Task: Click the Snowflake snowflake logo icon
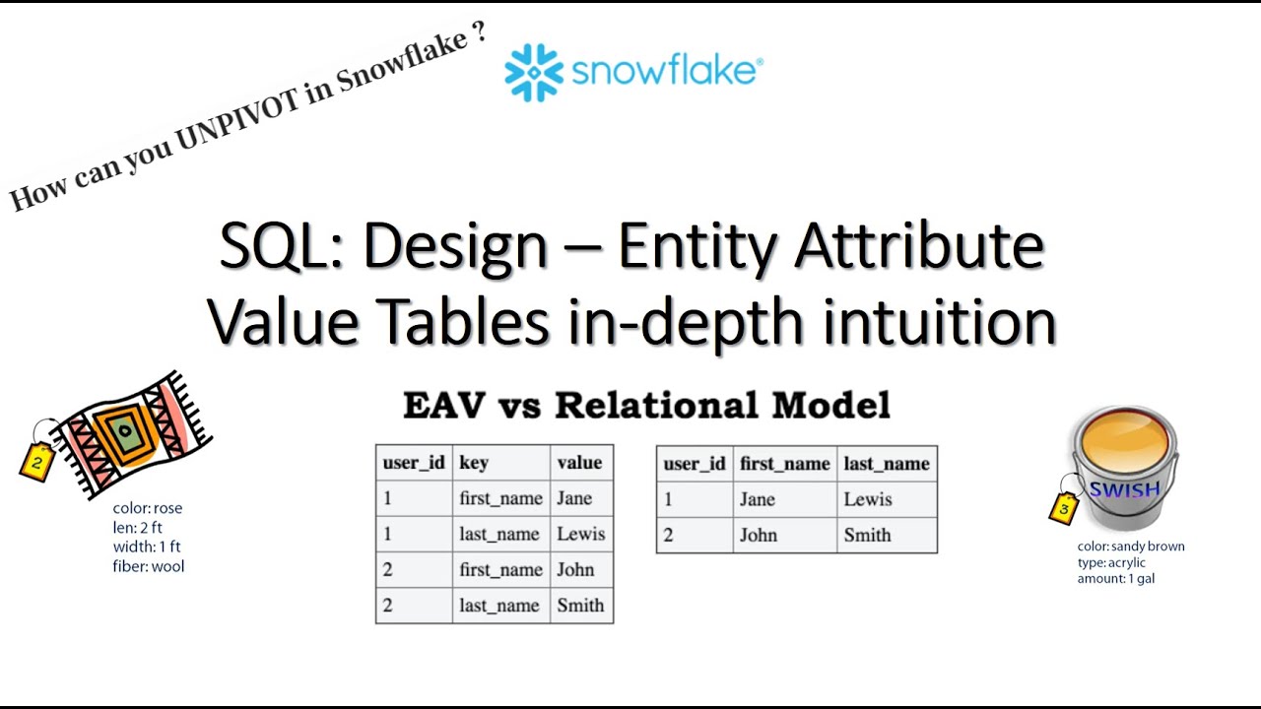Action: pyautogui.click(x=533, y=72)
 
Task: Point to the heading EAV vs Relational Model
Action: pyautogui.click(x=646, y=405)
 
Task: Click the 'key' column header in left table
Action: pyautogui.click(x=473, y=463)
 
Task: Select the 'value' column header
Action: pyautogui.click(x=579, y=463)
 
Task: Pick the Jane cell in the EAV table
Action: pyautogui.click(x=574, y=498)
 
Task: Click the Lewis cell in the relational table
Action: pyautogui.click(x=867, y=499)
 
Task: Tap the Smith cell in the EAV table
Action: pyautogui.click(x=580, y=606)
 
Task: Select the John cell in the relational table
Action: pyautogui.click(x=759, y=536)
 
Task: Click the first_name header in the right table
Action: pyautogui.click(x=784, y=464)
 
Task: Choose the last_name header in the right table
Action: pyautogui.click(x=887, y=464)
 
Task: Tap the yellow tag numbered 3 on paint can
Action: pyautogui.click(x=1063, y=508)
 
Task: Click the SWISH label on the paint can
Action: pyautogui.click(x=1124, y=489)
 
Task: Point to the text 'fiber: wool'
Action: pyautogui.click(x=148, y=566)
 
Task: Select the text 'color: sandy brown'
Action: pyautogui.click(x=1131, y=547)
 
